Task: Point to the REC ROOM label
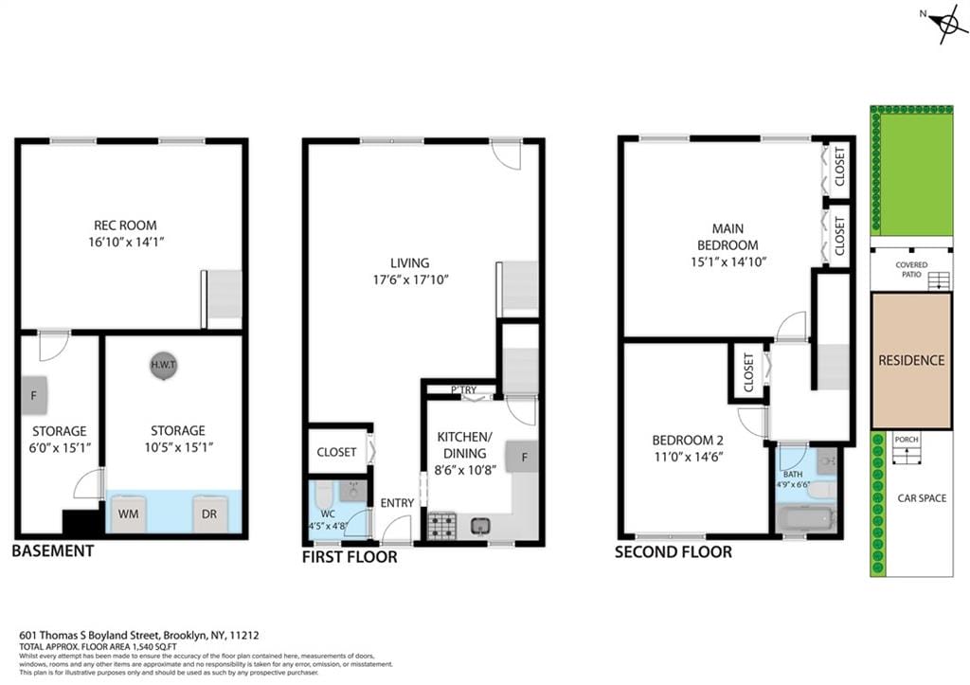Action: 125,225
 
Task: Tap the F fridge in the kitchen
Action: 522,456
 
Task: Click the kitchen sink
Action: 481,525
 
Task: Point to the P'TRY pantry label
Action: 463,390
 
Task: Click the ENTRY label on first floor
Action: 396,502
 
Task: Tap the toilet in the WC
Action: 323,494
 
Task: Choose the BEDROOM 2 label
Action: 687,441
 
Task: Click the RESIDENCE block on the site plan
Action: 911,360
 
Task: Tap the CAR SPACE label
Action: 922,498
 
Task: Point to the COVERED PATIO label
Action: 911,270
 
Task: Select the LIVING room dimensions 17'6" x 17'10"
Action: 409,279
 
